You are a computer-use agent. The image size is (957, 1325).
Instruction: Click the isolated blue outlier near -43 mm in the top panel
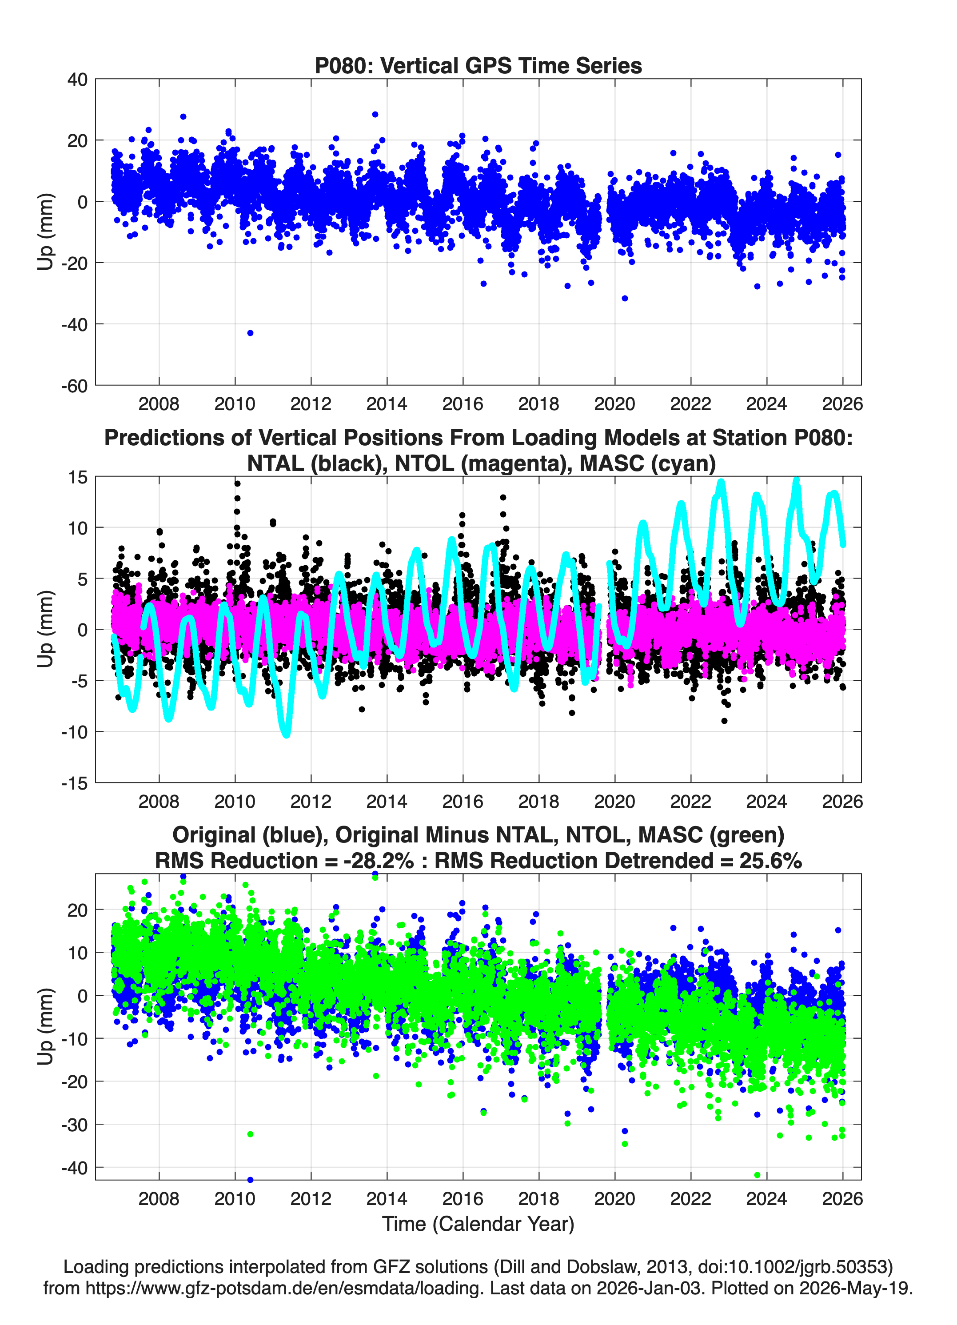click(x=250, y=333)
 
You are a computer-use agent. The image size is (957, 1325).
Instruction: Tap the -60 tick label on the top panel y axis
click(x=74, y=386)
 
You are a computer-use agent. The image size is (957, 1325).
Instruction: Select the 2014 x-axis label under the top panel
click(x=387, y=404)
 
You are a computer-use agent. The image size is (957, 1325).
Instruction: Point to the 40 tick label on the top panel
click(x=77, y=80)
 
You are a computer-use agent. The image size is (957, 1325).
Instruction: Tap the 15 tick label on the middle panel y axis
click(x=78, y=477)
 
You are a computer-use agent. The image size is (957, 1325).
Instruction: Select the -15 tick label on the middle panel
click(x=74, y=783)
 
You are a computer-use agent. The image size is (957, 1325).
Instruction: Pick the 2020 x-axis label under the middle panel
click(x=614, y=801)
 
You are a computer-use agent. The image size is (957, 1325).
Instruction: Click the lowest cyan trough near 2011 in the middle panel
click(x=286, y=733)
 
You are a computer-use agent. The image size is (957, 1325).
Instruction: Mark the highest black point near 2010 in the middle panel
click(x=237, y=483)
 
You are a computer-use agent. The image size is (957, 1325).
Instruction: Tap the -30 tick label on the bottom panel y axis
click(x=74, y=1125)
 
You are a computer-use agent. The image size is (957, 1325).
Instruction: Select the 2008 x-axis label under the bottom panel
click(x=159, y=1198)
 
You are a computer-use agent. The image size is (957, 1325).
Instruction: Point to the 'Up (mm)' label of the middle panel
click(x=46, y=629)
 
